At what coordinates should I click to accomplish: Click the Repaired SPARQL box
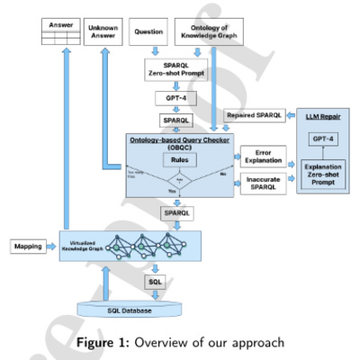256,116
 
